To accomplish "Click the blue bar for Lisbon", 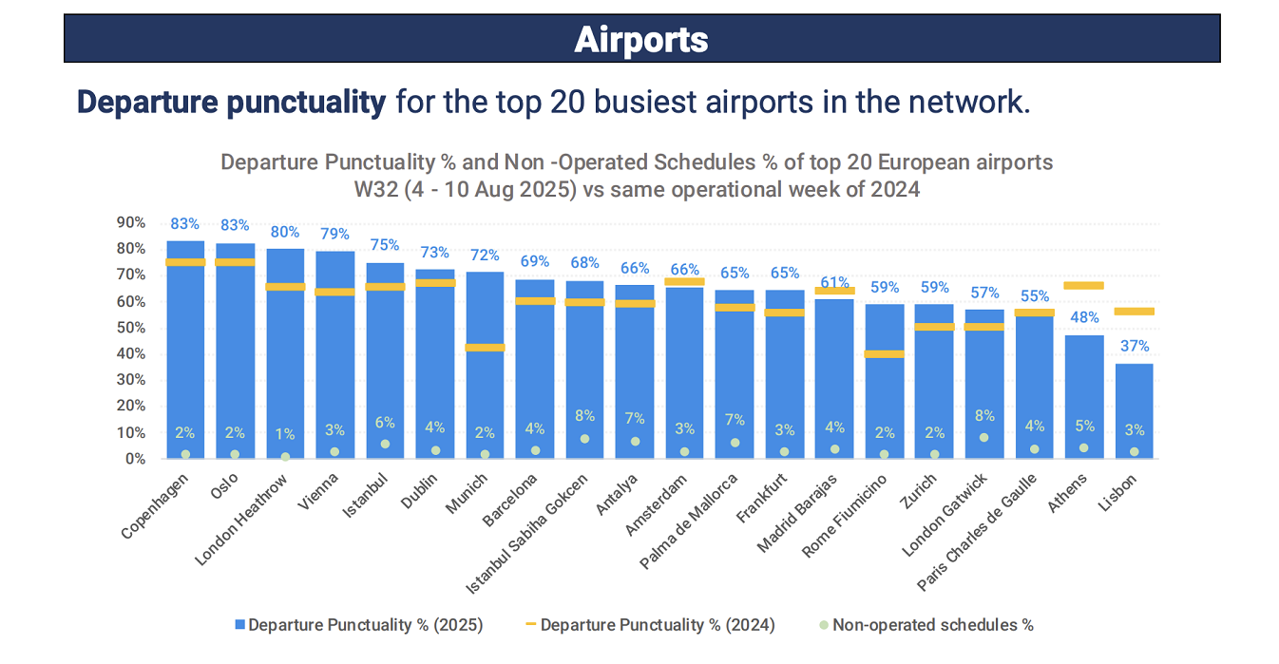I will pyautogui.click(x=1134, y=408).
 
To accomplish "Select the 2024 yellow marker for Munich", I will pyautogui.click(x=485, y=348).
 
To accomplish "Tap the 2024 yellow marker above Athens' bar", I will pyautogui.click(x=1084, y=285).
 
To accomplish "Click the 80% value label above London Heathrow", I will pyautogui.click(x=285, y=232).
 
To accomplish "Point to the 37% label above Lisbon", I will pyautogui.click(x=1134, y=347).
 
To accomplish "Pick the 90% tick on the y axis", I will pyautogui.click(x=131, y=222).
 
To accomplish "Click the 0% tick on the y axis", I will pyautogui.click(x=135, y=459).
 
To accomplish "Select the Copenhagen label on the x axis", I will pyautogui.click(x=156, y=505).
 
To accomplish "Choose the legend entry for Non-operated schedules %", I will pyautogui.click(x=932, y=625).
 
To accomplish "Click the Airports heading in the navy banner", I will pyautogui.click(x=641, y=40).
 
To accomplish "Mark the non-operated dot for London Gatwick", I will pyautogui.click(x=984, y=438).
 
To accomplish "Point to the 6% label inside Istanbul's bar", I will pyautogui.click(x=385, y=423).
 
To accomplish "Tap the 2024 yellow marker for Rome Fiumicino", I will pyautogui.click(x=885, y=354).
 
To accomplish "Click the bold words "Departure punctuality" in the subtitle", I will pyautogui.click(x=231, y=103).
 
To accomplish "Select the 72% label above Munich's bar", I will pyautogui.click(x=485, y=256).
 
